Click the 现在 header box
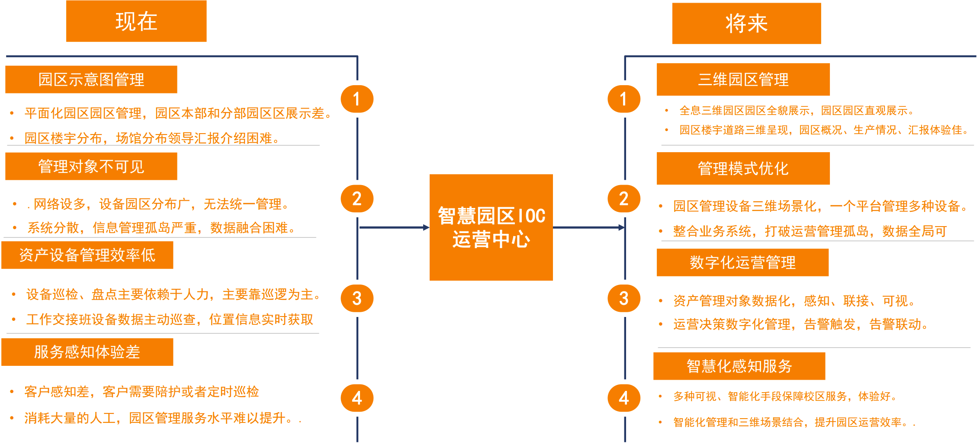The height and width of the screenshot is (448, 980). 136,21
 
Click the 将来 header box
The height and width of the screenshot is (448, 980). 746,23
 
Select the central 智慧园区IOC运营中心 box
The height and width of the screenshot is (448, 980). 491,227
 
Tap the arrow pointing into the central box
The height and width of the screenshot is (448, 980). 394,227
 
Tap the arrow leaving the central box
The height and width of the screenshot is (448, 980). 588,227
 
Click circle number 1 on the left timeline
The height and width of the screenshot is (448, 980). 357,99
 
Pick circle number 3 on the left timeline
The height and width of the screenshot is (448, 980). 357,298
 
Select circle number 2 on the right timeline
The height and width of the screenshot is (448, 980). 623,199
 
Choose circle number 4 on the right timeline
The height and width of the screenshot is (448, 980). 623,398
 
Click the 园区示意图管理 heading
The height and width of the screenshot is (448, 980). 91,80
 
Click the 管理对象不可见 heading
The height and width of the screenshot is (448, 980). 91,166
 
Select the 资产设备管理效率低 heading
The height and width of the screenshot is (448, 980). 87,255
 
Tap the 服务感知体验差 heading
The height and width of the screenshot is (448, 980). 87,352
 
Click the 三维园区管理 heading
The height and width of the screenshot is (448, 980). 743,80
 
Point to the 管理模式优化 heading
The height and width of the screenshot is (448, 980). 743,169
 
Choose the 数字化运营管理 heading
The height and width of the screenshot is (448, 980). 742,262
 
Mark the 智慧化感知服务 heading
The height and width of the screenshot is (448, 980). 739,366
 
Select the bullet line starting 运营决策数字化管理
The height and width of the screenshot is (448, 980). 800,324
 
